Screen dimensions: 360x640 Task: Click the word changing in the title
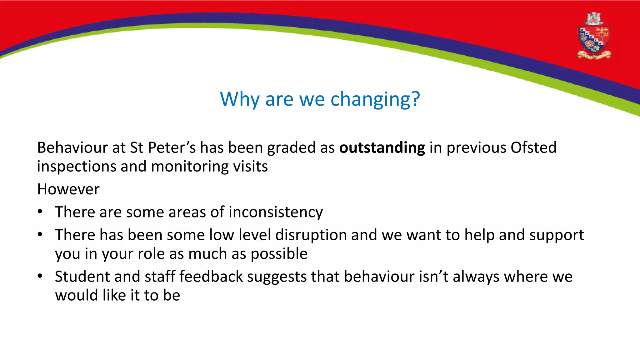pyautogui.click(x=375, y=100)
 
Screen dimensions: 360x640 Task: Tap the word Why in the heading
pyautogui.click(x=239, y=99)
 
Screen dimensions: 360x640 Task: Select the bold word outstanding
pyautogui.click(x=382, y=148)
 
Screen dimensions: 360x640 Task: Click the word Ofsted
pyautogui.click(x=533, y=147)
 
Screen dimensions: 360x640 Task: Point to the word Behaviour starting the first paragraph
pyautogui.click(x=72, y=147)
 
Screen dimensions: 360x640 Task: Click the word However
pyautogui.click(x=68, y=189)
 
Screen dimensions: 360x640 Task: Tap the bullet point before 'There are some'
pyautogui.click(x=40, y=212)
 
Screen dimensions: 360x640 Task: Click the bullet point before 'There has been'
pyautogui.click(x=40, y=235)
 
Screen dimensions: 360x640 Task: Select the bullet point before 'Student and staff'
pyautogui.click(x=40, y=276)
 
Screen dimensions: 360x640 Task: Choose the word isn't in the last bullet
pyautogui.click(x=433, y=277)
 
